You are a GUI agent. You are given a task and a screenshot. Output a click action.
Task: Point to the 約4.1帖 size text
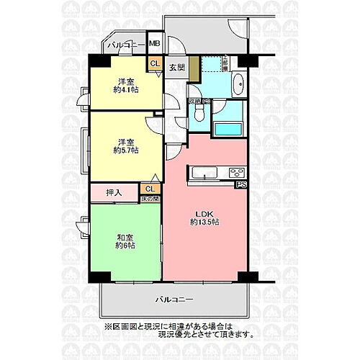coord(125,90)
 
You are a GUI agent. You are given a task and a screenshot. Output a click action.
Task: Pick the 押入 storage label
coord(114,193)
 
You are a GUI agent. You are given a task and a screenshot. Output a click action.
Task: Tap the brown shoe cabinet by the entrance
coord(193,69)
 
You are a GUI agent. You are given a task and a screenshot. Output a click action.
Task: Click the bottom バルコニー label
coord(176,298)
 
